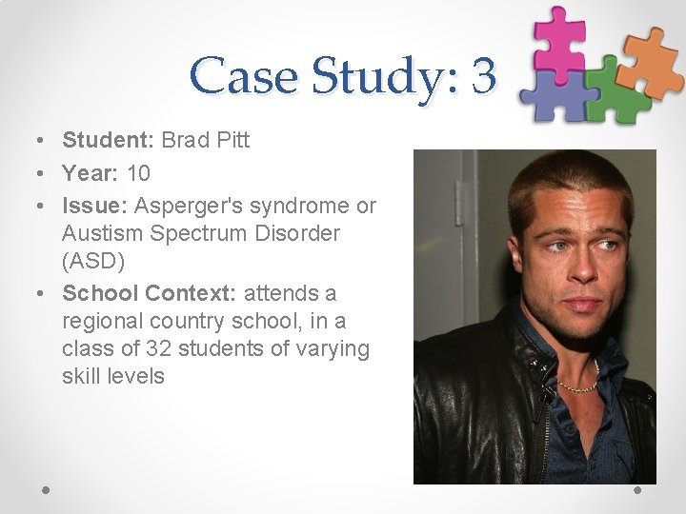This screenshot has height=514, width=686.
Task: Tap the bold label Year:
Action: pyautogui.click(x=91, y=173)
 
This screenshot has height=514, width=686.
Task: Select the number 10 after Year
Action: pyautogui.click(x=138, y=173)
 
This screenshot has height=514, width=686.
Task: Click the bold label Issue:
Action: pyautogui.click(x=95, y=206)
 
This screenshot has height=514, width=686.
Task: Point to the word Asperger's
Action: pyautogui.click(x=184, y=206)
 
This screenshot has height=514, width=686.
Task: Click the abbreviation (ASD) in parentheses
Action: pyautogui.click(x=91, y=260)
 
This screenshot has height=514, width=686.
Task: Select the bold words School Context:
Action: pyautogui.click(x=150, y=293)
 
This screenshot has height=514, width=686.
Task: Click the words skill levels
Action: pyautogui.click(x=113, y=376)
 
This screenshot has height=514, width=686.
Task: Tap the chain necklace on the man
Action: pyautogui.click(x=577, y=385)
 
